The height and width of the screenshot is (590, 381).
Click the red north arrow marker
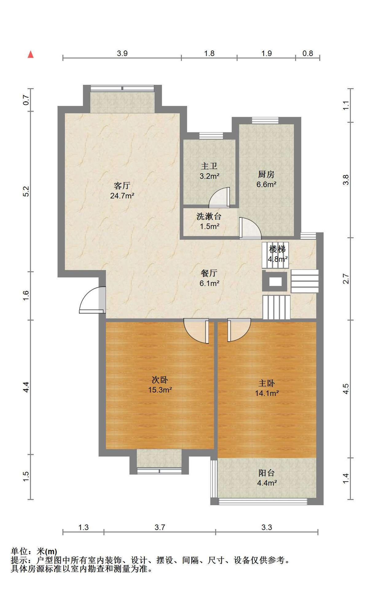pyautogui.click(x=30, y=54)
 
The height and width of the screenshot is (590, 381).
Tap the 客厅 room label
pyautogui.click(x=122, y=186)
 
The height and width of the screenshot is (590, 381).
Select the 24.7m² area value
pyautogui.click(x=122, y=195)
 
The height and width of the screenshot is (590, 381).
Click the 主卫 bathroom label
pyautogui.click(x=209, y=166)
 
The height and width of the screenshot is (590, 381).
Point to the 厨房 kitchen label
pyautogui.click(x=266, y=175)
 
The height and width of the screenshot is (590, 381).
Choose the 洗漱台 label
pyautogui.click(x=209, y=216)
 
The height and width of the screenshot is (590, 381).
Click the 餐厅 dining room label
pyautogui.click(x=209, y=273)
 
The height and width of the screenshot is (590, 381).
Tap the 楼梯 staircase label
pyautogui.click(x=277, y=249)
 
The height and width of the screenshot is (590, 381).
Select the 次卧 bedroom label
pyautogui.click(x=160, y=380)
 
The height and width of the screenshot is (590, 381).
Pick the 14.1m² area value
pyautogui.click(x=267, y=393)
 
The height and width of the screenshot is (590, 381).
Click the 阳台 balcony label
pyautogui.click(x=266, y=473)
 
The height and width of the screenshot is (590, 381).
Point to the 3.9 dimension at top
pyautogui.click(x=122, y=53)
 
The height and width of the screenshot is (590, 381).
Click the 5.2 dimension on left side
pyautogui.click(x=26, y=191)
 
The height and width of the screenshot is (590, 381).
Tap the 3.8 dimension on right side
pyautogui.click(x=346, y=180)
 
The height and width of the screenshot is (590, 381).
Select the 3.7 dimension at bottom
pyautogui.click(x=160, y=528)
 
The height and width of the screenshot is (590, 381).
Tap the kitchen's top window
pyautogui.click(x=265, y=120)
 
